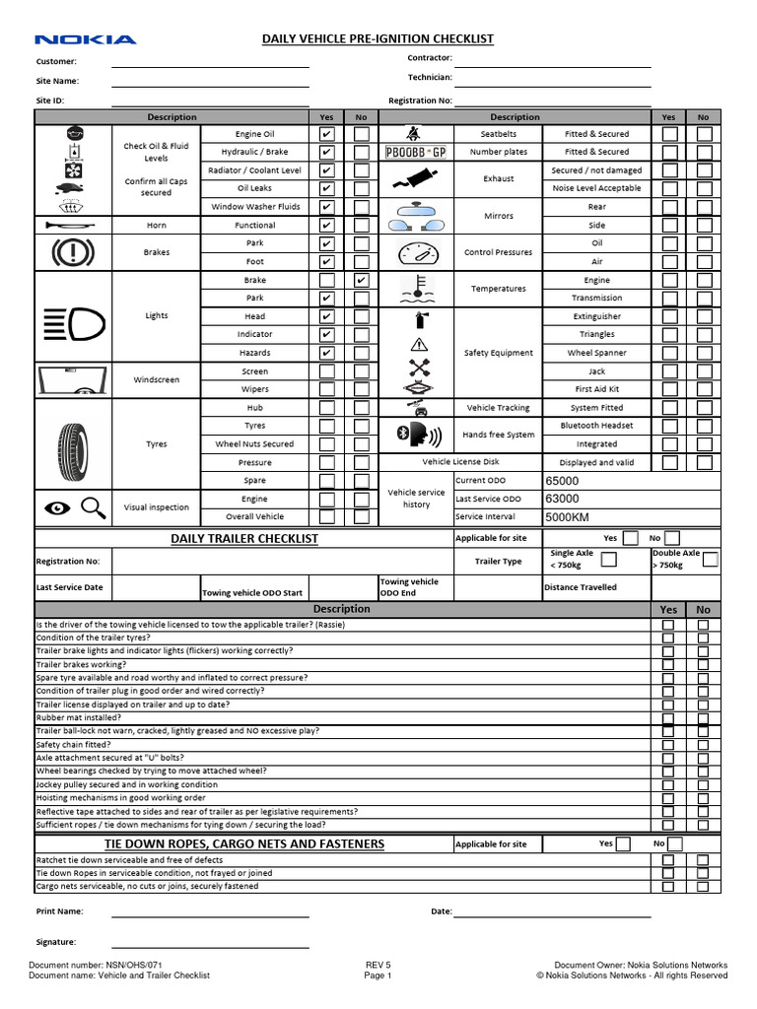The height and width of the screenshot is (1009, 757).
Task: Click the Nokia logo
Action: pyautogui.click(x=86, y=39)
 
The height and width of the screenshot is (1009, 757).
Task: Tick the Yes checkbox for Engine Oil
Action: pyautogui.click(x=326, y=134)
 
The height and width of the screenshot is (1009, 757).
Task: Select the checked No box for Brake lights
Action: pyautogui.click(x=362, y=280)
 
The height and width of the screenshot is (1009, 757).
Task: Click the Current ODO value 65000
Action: pyautogui.click(x=562, y=481)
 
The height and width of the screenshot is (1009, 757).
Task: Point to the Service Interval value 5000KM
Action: pyautogui.click(x=567, y=516)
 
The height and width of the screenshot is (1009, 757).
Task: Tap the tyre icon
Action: pyautogui.click(x=73, y=443)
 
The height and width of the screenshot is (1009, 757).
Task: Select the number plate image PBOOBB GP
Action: pyautogui.click(x=415, y=152)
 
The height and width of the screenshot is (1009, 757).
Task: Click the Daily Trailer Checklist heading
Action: pyautogui.click(x=244, y=539)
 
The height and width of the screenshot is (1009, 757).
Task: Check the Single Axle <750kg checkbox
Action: pyautogui.click(x=608, y=560)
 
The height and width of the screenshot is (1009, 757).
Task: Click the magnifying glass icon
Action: pyautogui.click(x=93, y=507)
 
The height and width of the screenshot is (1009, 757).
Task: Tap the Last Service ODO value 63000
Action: pyautogui.click(x=562, y=499)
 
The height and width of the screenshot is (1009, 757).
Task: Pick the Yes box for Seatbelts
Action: pyautogui.click(x=669, y=134)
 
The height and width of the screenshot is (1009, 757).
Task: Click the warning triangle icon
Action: pyautogui.click(x=419, y=344)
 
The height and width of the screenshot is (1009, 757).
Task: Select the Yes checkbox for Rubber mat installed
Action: pyautogui.click(x=668, y=718)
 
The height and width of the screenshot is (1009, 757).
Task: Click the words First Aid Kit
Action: pyautogui.click(x=596, y=389)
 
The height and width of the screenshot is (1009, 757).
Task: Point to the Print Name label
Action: pyautogui.click(x=60, y=911)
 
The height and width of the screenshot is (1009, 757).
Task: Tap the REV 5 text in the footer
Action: pyautogui.click(x=378, y=965)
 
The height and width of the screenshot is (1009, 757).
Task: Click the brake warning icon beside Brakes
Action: pyautogui.click(x=73, y=252)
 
